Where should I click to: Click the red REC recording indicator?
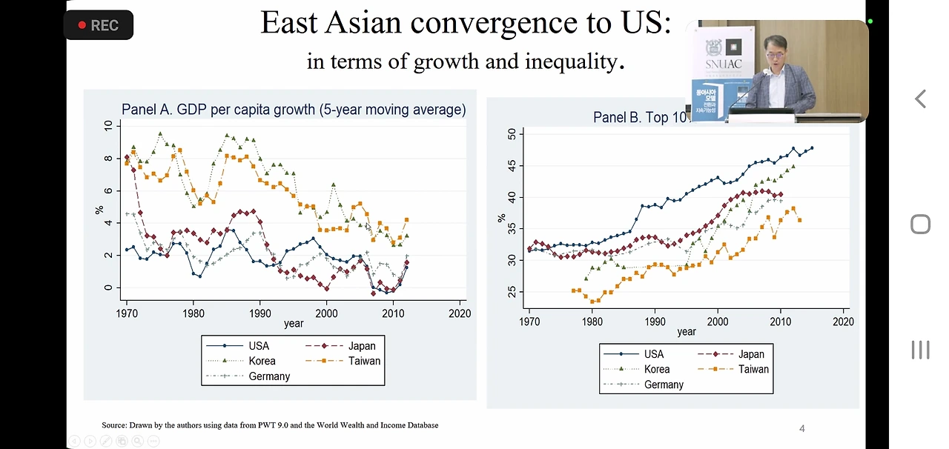tap(98, 25)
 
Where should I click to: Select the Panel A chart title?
tap(294, 110)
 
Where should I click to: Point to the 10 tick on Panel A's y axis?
tap(108, 126)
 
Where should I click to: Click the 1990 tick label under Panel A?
tap(259, 313)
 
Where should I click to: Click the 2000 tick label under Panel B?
tap(717, 322)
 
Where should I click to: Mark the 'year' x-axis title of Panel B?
tap(687, 332)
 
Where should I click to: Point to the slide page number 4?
tap(801, 428)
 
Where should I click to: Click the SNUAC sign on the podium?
tap(723, 64)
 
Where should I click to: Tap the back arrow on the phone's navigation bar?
tap(920, 99)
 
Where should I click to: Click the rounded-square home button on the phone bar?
tap(920, 224)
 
